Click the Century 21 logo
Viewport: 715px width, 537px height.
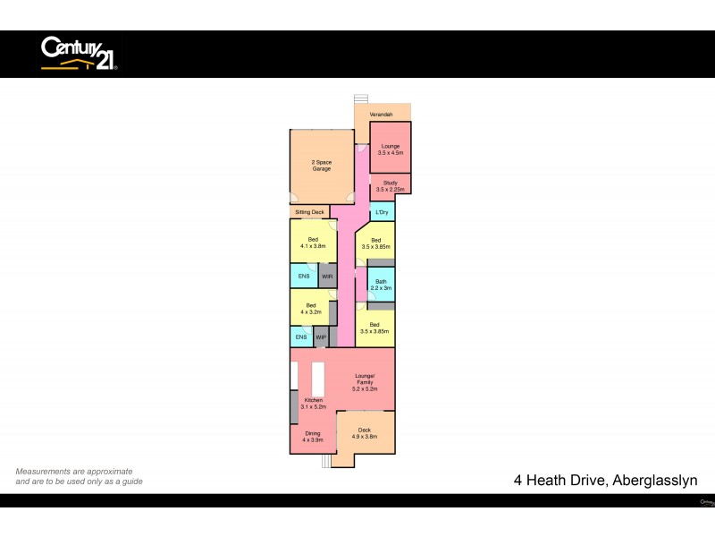(79, 53)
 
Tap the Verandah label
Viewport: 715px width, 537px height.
(382, 115)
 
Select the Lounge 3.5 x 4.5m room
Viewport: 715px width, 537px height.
(391, 149)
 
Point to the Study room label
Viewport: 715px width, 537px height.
(391, 186)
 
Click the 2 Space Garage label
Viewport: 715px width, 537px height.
(322, 166)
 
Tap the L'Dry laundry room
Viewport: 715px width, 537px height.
(383, 212)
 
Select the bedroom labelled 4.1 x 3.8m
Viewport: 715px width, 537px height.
(313, 242)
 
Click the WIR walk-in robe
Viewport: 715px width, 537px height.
(328, 277)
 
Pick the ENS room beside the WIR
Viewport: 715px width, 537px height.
(303, 277)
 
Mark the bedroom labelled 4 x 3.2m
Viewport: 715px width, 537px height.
(310, 309)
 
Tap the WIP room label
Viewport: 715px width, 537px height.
(320, 337)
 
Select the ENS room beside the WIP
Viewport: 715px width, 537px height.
(301, 337)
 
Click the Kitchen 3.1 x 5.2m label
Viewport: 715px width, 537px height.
(314, 403)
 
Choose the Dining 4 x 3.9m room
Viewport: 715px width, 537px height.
(311, 437)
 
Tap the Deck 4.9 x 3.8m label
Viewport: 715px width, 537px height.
(365, 433)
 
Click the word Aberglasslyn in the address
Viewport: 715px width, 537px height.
(654, 481)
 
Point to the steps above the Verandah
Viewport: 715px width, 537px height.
(361, 98)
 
